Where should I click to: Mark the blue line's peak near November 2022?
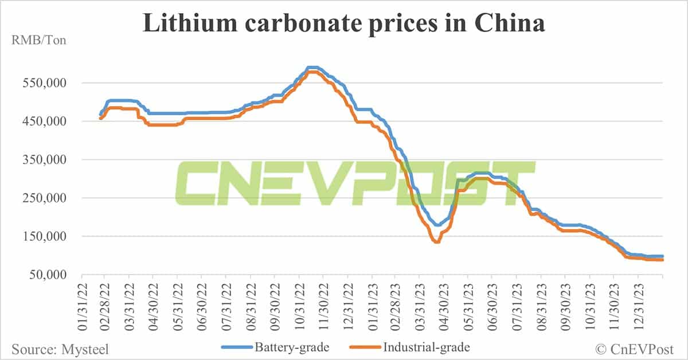coord(312,68)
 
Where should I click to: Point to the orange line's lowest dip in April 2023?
coord(437,242)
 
